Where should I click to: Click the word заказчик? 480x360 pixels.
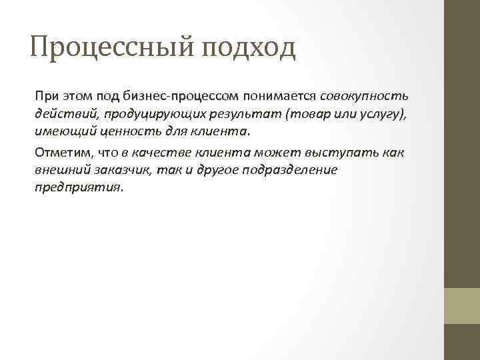122,169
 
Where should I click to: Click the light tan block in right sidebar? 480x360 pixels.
462,305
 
